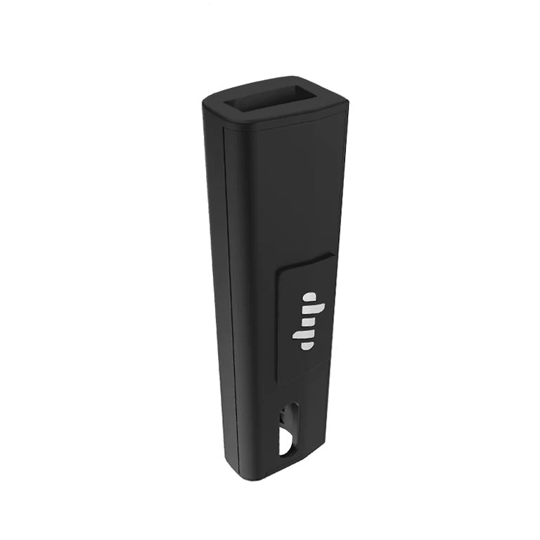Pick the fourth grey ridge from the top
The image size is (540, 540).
coord(303,335)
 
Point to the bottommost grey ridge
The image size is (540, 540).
coord(307,345)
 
